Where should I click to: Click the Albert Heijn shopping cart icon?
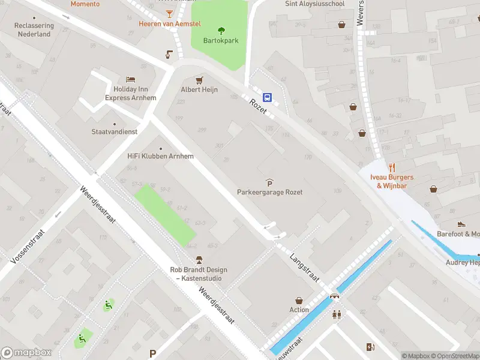pyautogui.click(x=199, y=79)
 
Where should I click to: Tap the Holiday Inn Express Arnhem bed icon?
pyautogui.click(x=131, y=79)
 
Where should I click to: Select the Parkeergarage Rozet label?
pyautogui.click(x=269, y=192)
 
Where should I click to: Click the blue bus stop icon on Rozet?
pyautogui.click(x=268, y=97)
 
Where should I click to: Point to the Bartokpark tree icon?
pyautogui.click(x=221, y=30)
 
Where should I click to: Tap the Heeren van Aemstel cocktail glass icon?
pyautogui.click(x=170, y=13)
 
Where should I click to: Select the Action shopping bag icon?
pyautogui.click(x=299, y=300)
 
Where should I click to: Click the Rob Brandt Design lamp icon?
pyautogui.click(x=199, y=260)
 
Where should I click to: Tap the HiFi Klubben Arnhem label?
pyautogui.click(x=160, y=156)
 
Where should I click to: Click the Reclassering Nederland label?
pyautogui.click(x=34, y=30)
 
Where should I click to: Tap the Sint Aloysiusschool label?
pyautogui.click(x=314, y=4)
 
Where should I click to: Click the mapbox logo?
pyautogui.click(x=26, y=353)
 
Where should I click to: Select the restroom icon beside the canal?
pyautogui.click(x=336, y=314)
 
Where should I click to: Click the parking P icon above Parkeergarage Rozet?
pyautogui.click(x=269, y=182)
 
